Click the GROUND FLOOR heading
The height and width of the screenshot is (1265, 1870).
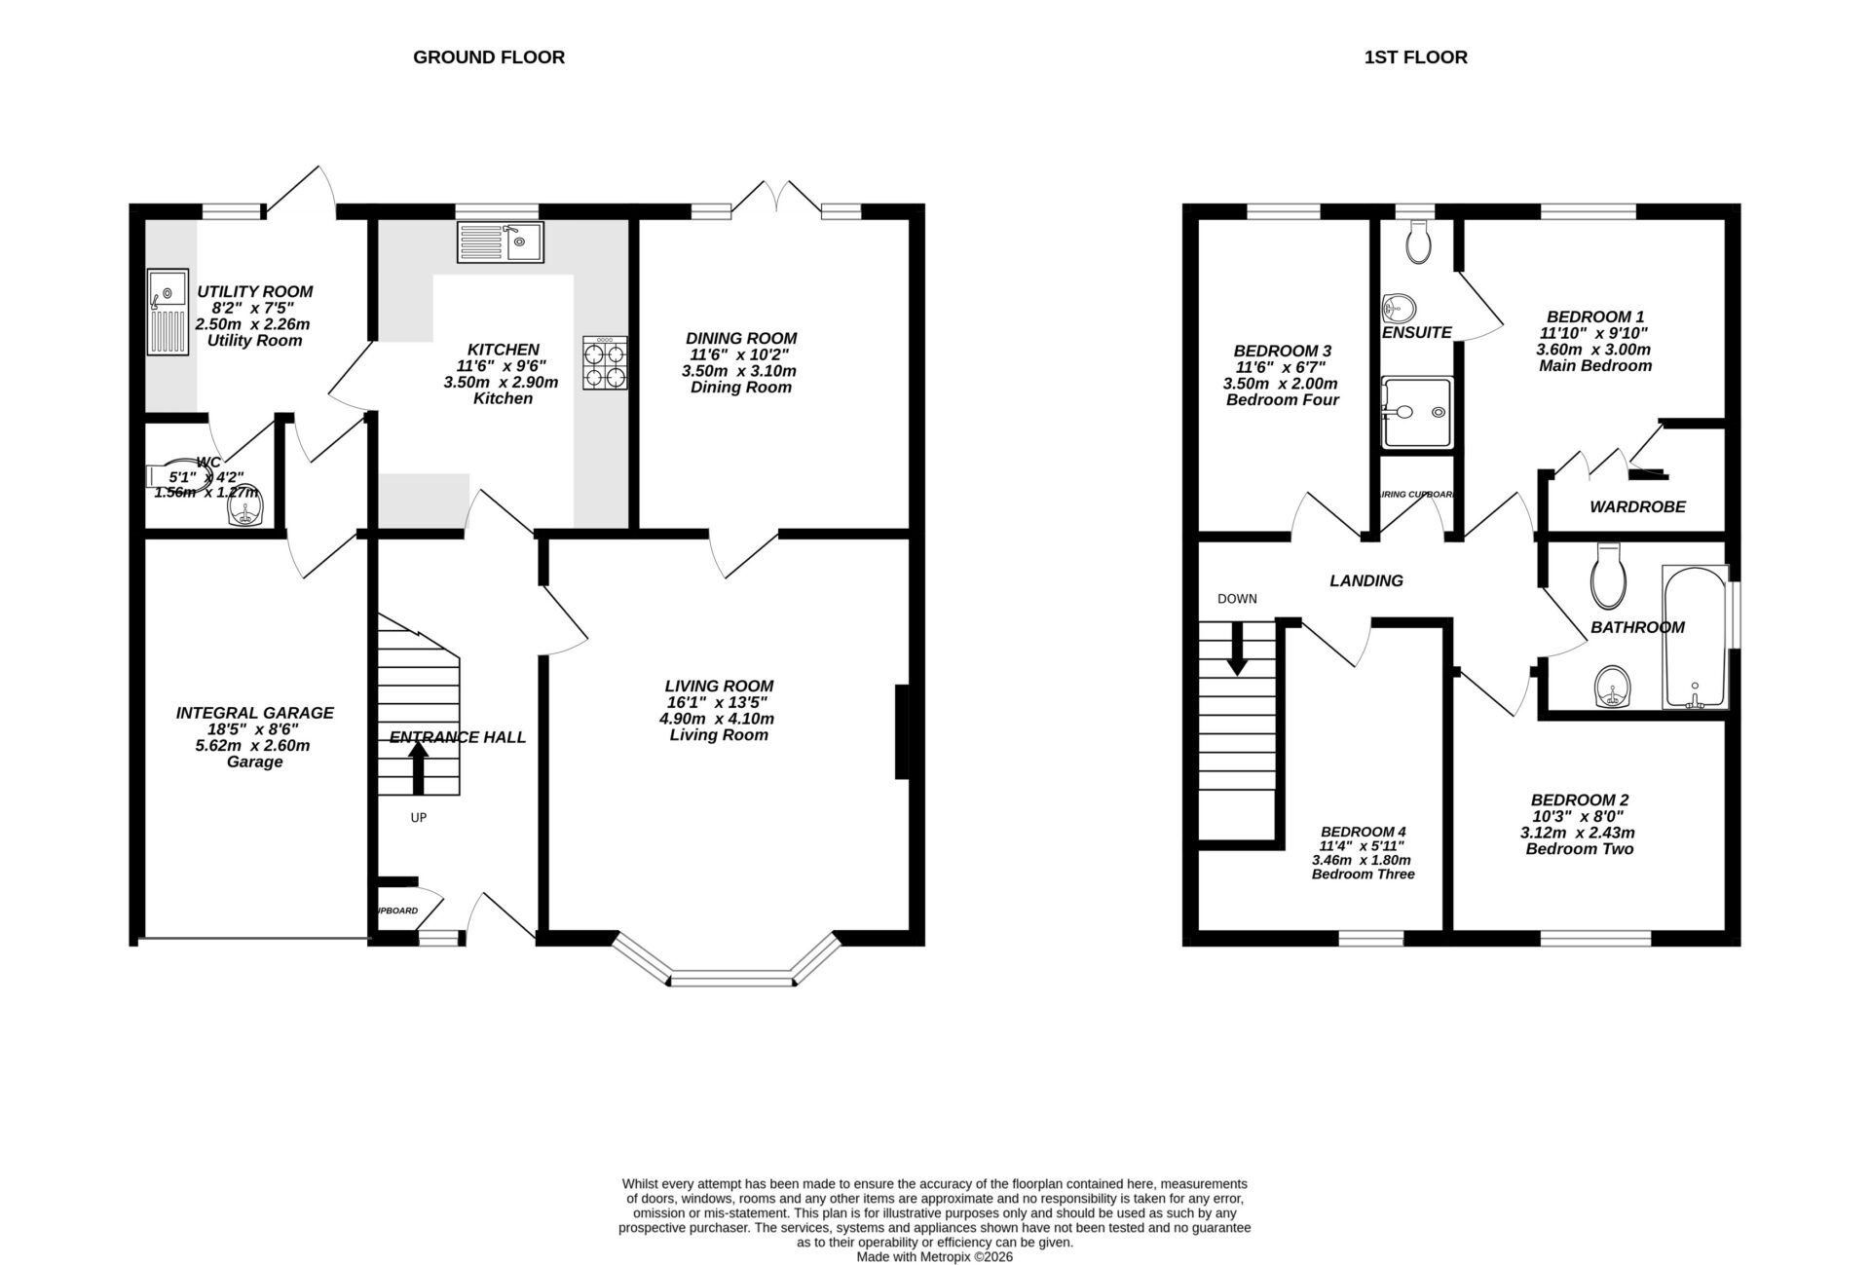point(488,57)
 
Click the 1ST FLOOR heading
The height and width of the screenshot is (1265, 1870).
point(1415,57)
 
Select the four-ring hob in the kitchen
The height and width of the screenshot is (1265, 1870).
point(605,363)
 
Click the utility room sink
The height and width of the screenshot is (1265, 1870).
point(168,313)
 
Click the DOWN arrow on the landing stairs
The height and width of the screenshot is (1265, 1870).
point(1237,648)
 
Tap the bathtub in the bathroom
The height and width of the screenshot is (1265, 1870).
point(1695,637)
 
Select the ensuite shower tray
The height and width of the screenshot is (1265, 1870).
point(1417,413)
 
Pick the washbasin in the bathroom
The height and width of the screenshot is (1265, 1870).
point(1613,688)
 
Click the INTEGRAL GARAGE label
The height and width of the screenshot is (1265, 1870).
point(255,713)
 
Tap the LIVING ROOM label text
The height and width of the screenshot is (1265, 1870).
point(719,686)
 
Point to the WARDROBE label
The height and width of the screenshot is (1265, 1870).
point(1637,507)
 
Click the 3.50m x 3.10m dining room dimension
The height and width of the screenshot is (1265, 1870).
point(741,371)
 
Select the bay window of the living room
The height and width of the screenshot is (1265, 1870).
point(730,977)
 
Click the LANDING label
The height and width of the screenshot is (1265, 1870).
point(1366,581)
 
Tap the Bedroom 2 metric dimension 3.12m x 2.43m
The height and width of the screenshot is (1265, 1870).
point(1578,833)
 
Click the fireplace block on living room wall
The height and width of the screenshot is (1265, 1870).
point(902,732)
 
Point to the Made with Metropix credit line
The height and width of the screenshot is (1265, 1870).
point(934,1257)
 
